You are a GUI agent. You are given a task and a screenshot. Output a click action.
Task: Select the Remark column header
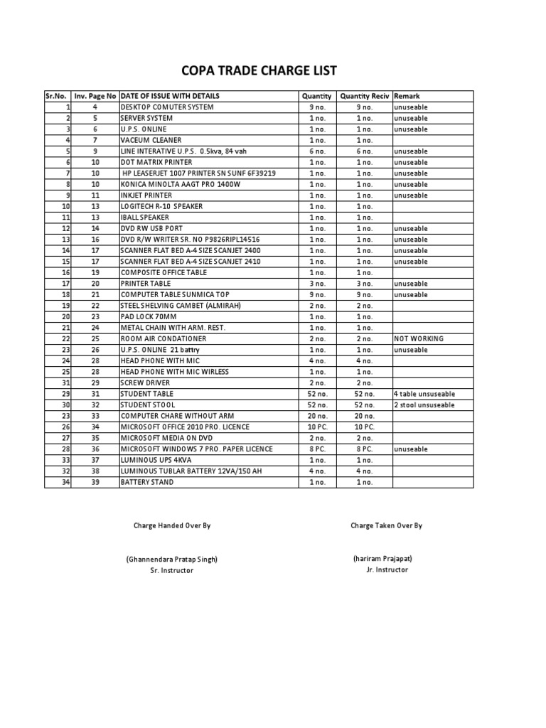407,96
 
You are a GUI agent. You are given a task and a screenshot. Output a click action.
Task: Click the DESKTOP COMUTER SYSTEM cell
167,107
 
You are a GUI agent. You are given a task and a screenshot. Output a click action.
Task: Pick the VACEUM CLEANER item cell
151,141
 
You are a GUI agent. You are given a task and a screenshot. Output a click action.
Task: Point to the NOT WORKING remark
418,339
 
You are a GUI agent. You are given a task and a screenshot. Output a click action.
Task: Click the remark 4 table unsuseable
424,394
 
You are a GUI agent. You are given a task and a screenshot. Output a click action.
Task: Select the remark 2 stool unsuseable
424,405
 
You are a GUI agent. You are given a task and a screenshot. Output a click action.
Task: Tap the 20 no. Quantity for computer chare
316,416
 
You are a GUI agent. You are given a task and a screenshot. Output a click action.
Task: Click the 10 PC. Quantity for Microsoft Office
316,427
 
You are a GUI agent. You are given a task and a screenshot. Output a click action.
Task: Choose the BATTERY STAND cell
147,482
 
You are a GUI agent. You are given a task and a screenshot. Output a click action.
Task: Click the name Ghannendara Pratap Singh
172,559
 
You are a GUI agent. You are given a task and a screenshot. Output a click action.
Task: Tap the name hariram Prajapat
382,559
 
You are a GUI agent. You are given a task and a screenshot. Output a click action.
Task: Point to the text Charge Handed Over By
172,526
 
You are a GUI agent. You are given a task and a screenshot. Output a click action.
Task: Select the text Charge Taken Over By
386,526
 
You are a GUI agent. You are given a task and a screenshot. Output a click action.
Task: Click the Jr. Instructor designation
382,569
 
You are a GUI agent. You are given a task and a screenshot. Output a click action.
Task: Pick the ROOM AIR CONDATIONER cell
164,339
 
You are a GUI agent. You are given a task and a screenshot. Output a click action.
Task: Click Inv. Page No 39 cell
95,482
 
